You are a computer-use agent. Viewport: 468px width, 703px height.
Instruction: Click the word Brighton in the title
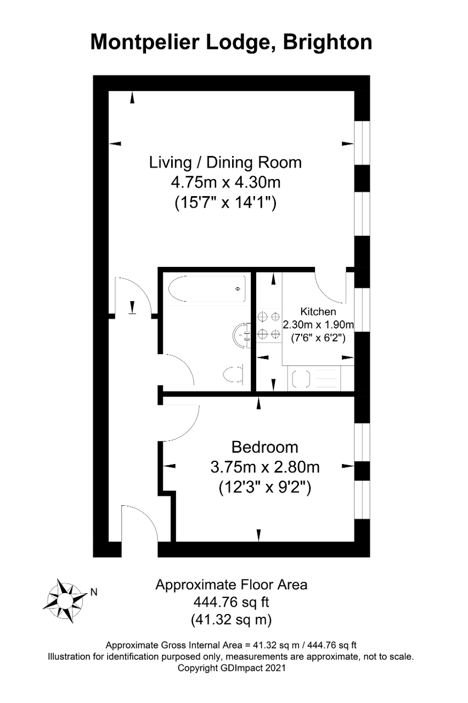coord(327,43)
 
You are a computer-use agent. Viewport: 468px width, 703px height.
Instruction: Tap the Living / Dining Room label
coord(225,163)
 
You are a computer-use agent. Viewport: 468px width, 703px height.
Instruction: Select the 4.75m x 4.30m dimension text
coord(225,182)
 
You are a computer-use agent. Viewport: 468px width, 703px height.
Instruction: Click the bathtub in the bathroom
coord(207,289)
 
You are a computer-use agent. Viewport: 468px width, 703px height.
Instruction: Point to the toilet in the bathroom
coord(234,374)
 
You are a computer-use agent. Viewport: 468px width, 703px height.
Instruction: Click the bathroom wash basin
coord(241,335)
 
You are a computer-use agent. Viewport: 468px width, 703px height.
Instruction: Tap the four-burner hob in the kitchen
coord(269,326)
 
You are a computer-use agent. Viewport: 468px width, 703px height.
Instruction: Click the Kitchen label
coord(318,311)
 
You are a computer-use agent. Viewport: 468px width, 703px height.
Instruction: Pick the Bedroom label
coord(264,447)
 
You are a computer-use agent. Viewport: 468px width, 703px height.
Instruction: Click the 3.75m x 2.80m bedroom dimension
coord(265,467)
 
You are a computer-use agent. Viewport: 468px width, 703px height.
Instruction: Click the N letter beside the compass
coord(94,592)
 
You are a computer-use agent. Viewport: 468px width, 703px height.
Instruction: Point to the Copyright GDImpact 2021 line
coord(232,667)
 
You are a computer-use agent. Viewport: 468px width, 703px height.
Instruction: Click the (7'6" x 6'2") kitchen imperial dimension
coord(318,338)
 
